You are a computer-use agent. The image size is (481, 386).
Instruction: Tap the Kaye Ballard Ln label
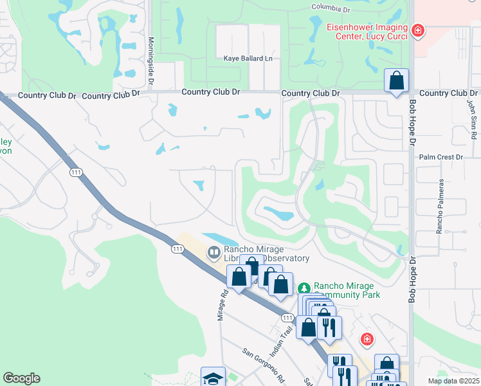point(248,59)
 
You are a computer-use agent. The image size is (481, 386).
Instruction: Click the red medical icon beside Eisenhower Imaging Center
point(418,30)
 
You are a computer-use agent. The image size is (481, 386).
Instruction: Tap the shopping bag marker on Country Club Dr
point(397,81)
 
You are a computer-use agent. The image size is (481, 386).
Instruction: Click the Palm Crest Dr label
point(440,157)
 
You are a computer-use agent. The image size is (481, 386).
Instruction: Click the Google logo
point(21,378)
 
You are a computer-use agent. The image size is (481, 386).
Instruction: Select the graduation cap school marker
point(213,378)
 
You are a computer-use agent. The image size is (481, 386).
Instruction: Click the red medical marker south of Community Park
point(367,338)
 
